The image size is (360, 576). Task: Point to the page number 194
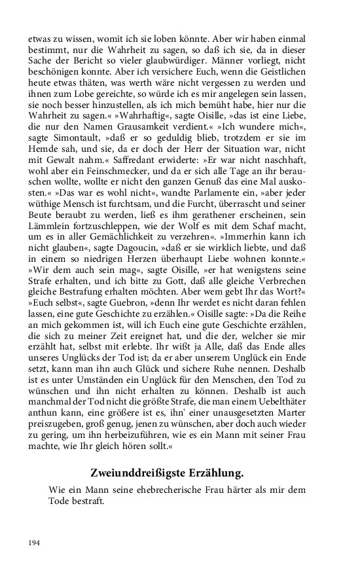tap(34, 543)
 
